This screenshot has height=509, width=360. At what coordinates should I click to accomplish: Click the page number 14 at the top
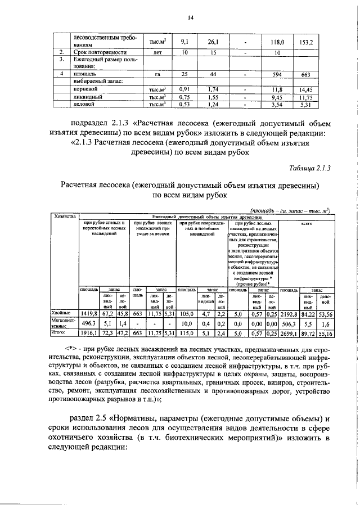tap(191, 18)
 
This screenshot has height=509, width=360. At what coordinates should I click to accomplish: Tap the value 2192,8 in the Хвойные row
tap(289, 312)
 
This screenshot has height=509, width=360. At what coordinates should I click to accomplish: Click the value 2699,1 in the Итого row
tap(289, 334)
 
